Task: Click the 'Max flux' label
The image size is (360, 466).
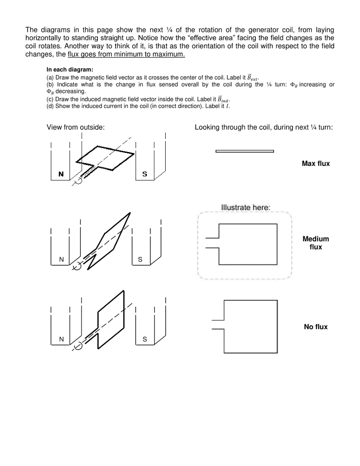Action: coord(315,163)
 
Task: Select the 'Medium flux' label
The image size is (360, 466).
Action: coord(315,243)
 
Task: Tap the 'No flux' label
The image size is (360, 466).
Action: coord(315,327)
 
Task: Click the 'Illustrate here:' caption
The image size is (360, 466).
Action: coord(246,208)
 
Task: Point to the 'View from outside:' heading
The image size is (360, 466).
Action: coord(76,127)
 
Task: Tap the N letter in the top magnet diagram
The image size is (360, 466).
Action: coord(61,174)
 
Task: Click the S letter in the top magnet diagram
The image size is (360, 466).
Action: coord(145,174)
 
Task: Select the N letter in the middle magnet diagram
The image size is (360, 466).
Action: coord(61,259)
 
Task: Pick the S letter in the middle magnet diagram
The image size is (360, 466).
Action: coord(140,259)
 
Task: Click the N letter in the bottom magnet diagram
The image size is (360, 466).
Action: coord(61,339)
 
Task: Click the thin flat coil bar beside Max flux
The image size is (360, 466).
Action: coord(244,151)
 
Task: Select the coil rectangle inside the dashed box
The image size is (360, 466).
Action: coord(248,244)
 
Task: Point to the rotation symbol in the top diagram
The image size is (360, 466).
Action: coord(78,181)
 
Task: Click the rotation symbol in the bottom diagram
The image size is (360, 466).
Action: coord(78,347)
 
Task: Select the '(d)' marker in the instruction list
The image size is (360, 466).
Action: coord(50,106)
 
